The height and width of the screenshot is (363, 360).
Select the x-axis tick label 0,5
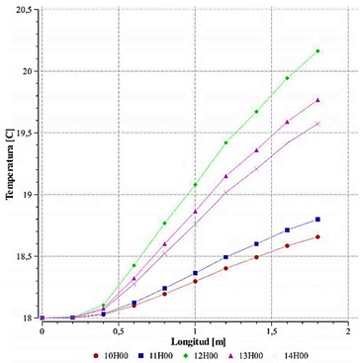pos(119,328)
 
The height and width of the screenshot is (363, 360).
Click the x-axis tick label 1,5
pos(272,328)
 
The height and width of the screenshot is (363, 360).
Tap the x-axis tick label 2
pos(349,328)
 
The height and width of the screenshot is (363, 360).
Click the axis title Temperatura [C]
pos(10,163)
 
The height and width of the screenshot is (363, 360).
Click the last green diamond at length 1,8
pos(317,51)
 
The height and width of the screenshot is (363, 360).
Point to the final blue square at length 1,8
pos(317,220)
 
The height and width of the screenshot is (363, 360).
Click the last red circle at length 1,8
pos(317,236)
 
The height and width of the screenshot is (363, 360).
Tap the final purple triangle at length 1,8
pos(317,100)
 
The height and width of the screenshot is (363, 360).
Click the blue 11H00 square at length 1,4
pos(256,243)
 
